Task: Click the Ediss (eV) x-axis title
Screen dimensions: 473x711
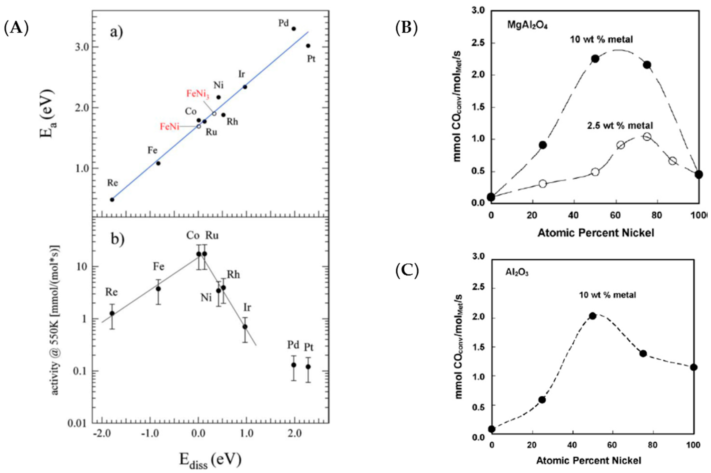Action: click(x=210, y=460)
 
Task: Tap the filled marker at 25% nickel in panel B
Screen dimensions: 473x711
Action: click(x=543, y=145)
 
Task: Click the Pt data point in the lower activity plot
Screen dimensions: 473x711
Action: click(x=308, y=367)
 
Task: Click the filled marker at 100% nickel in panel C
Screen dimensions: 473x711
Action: click(x=693, y=367)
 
